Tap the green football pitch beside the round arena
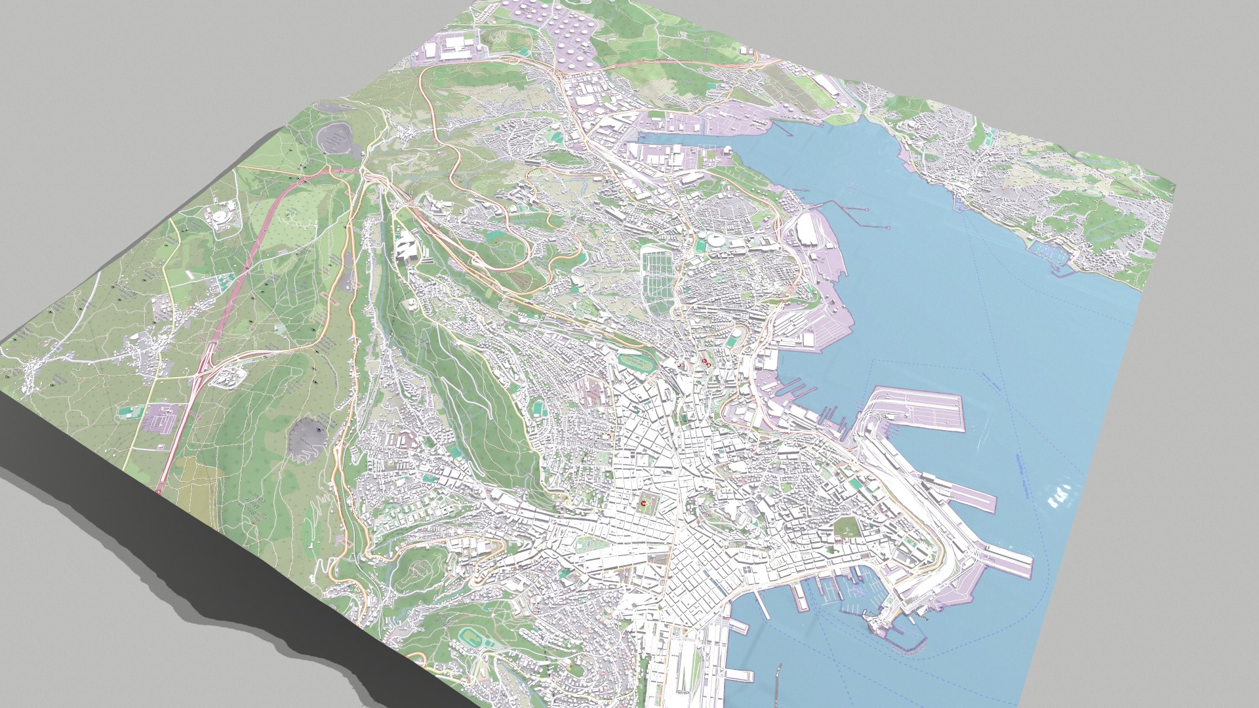point(701,247)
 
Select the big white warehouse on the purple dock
point(808,229)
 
